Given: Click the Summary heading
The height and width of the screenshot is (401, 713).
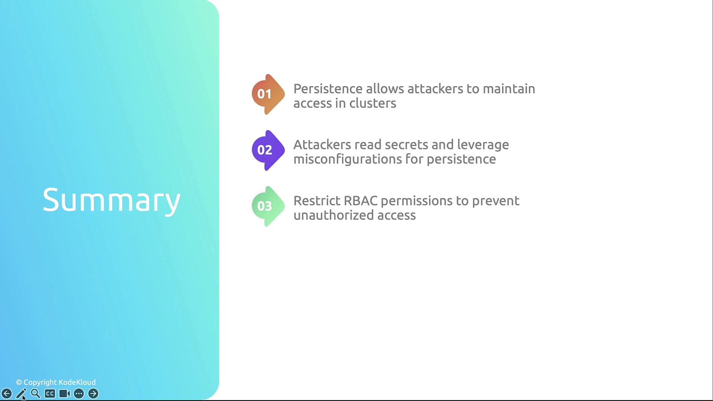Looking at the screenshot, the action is click(111, 200).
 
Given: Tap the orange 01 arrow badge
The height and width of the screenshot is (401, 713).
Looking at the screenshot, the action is click(268, 94).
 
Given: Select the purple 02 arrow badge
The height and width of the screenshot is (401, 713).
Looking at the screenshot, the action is click(268, 150).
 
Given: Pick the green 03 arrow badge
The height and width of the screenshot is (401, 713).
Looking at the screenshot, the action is click(268, 206).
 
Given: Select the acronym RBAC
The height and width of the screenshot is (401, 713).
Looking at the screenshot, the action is click(361, 201).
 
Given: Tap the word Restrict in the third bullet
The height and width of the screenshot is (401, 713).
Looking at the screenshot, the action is click(317, 201).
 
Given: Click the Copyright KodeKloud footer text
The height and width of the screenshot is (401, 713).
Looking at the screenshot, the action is click(56, 382).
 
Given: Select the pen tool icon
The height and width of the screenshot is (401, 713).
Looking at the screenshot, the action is click(21, 394).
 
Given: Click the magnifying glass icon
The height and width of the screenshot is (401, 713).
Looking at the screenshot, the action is click(36, 394).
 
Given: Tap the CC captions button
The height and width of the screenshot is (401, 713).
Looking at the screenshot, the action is click(50, 394).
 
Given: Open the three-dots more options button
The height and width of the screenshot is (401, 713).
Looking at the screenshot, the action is click(79, 394).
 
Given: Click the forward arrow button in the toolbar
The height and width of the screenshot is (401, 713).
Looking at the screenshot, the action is click(93, 394).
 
